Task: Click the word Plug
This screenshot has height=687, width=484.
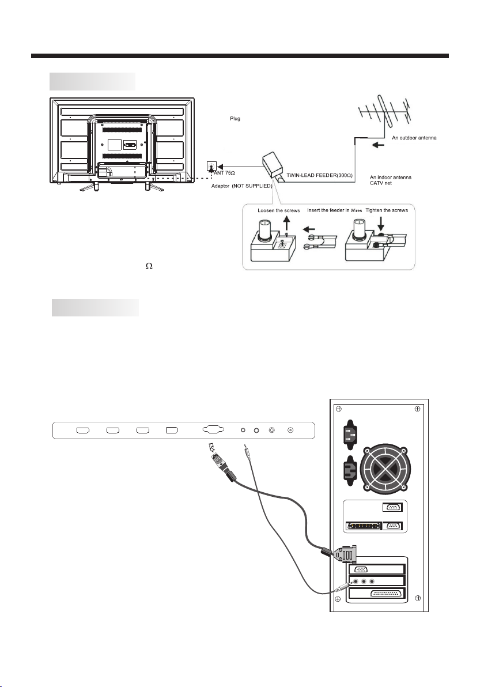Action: tap(235, 119)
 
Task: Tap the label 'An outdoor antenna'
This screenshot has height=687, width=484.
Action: tap(414, 138)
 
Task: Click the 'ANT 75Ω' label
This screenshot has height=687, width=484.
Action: tap(225, 173)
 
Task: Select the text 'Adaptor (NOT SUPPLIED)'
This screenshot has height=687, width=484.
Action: tap(242, 186)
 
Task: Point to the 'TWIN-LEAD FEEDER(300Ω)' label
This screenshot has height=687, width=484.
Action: tap(320, 175)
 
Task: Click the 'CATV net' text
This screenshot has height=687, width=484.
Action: tap(381, 183)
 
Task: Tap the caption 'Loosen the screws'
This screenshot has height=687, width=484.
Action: tap(278, 210)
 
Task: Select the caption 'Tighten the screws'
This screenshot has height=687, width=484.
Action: tap(387, 210)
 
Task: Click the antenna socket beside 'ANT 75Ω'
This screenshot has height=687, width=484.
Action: tap(211, 167)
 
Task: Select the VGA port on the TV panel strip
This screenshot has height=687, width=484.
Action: tap(213, 430)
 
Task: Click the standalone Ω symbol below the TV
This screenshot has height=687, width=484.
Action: tap(149, 266)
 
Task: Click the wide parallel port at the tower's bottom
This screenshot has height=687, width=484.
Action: tap(388, 594)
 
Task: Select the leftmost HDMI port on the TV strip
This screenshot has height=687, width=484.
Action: tap(83, 431)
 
